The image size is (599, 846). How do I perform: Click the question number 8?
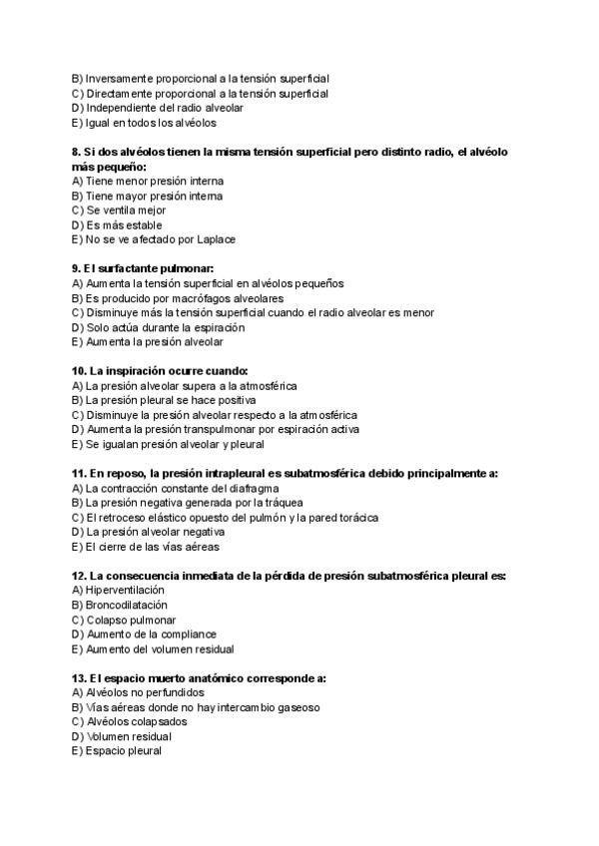tap(77, 152)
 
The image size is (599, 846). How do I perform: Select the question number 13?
tap(80, 677)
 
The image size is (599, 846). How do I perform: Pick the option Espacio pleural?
tap(117, 751)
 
